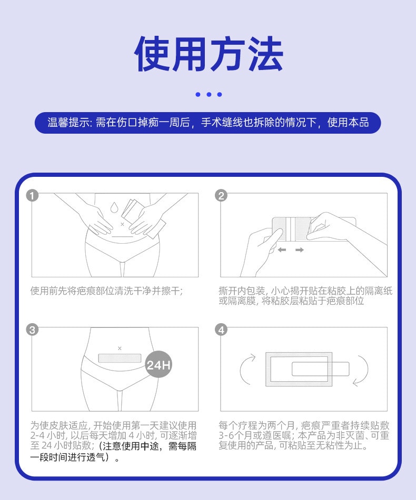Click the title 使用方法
(208, 54)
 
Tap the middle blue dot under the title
(209, 95)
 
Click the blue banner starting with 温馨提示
(208, 123)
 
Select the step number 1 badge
(32, 196)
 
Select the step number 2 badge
(221, 196)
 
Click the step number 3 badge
(32, 330)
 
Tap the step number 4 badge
(221, 330)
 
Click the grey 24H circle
(159, 365)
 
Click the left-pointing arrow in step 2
(282, 250)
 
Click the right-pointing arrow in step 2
(300, 250)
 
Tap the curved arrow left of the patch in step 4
(246, 369)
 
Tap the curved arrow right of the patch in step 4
(362, 369)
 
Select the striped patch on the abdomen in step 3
(120, 358)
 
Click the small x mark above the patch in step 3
(120, 348)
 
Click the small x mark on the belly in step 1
(123, 224)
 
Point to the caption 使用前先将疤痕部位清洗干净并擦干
(107, 291)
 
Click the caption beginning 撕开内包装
(305, 296)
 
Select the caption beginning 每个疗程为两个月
(304, 435)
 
